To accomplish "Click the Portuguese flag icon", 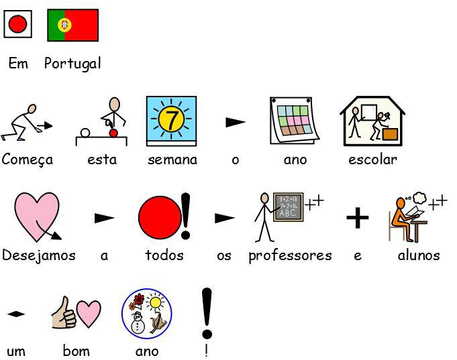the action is [x=72, y=25].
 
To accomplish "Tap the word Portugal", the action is [x=72, y=64].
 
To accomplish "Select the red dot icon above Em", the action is [x=17, y=25].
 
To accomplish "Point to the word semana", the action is [x=172, y=160].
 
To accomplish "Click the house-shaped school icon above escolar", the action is [x=372, y=121].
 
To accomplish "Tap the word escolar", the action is [x=372, y=160].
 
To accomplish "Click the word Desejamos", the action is [x=38, y=255].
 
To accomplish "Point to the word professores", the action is [x=290, y=255].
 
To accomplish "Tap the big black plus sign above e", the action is [x=358, y=217].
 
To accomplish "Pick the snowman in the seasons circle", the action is [x=138, y=324].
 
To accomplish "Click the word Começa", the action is [x=28, y=160].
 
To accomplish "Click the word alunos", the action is [x=419, y=255].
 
